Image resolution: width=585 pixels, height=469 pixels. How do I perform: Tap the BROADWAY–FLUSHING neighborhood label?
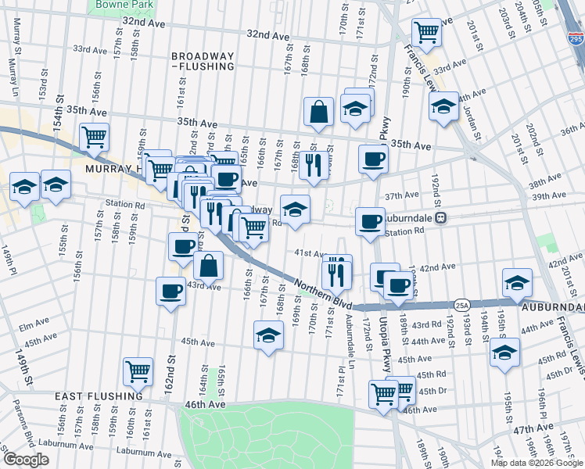tap(203, 61)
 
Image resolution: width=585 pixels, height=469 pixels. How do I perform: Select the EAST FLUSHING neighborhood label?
tap(97, 396)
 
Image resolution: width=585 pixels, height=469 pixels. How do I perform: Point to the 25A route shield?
tap(461, 304)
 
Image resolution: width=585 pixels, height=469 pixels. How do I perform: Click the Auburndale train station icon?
tap(441, 218)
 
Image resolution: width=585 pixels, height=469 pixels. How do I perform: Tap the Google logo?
tap(26, 460)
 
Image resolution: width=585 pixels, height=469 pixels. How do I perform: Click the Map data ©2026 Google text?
tap(536, 463)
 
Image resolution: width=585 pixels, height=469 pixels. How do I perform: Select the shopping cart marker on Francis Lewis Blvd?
tap(425, 33)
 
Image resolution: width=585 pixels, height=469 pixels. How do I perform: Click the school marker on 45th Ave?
tap(268, 335)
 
